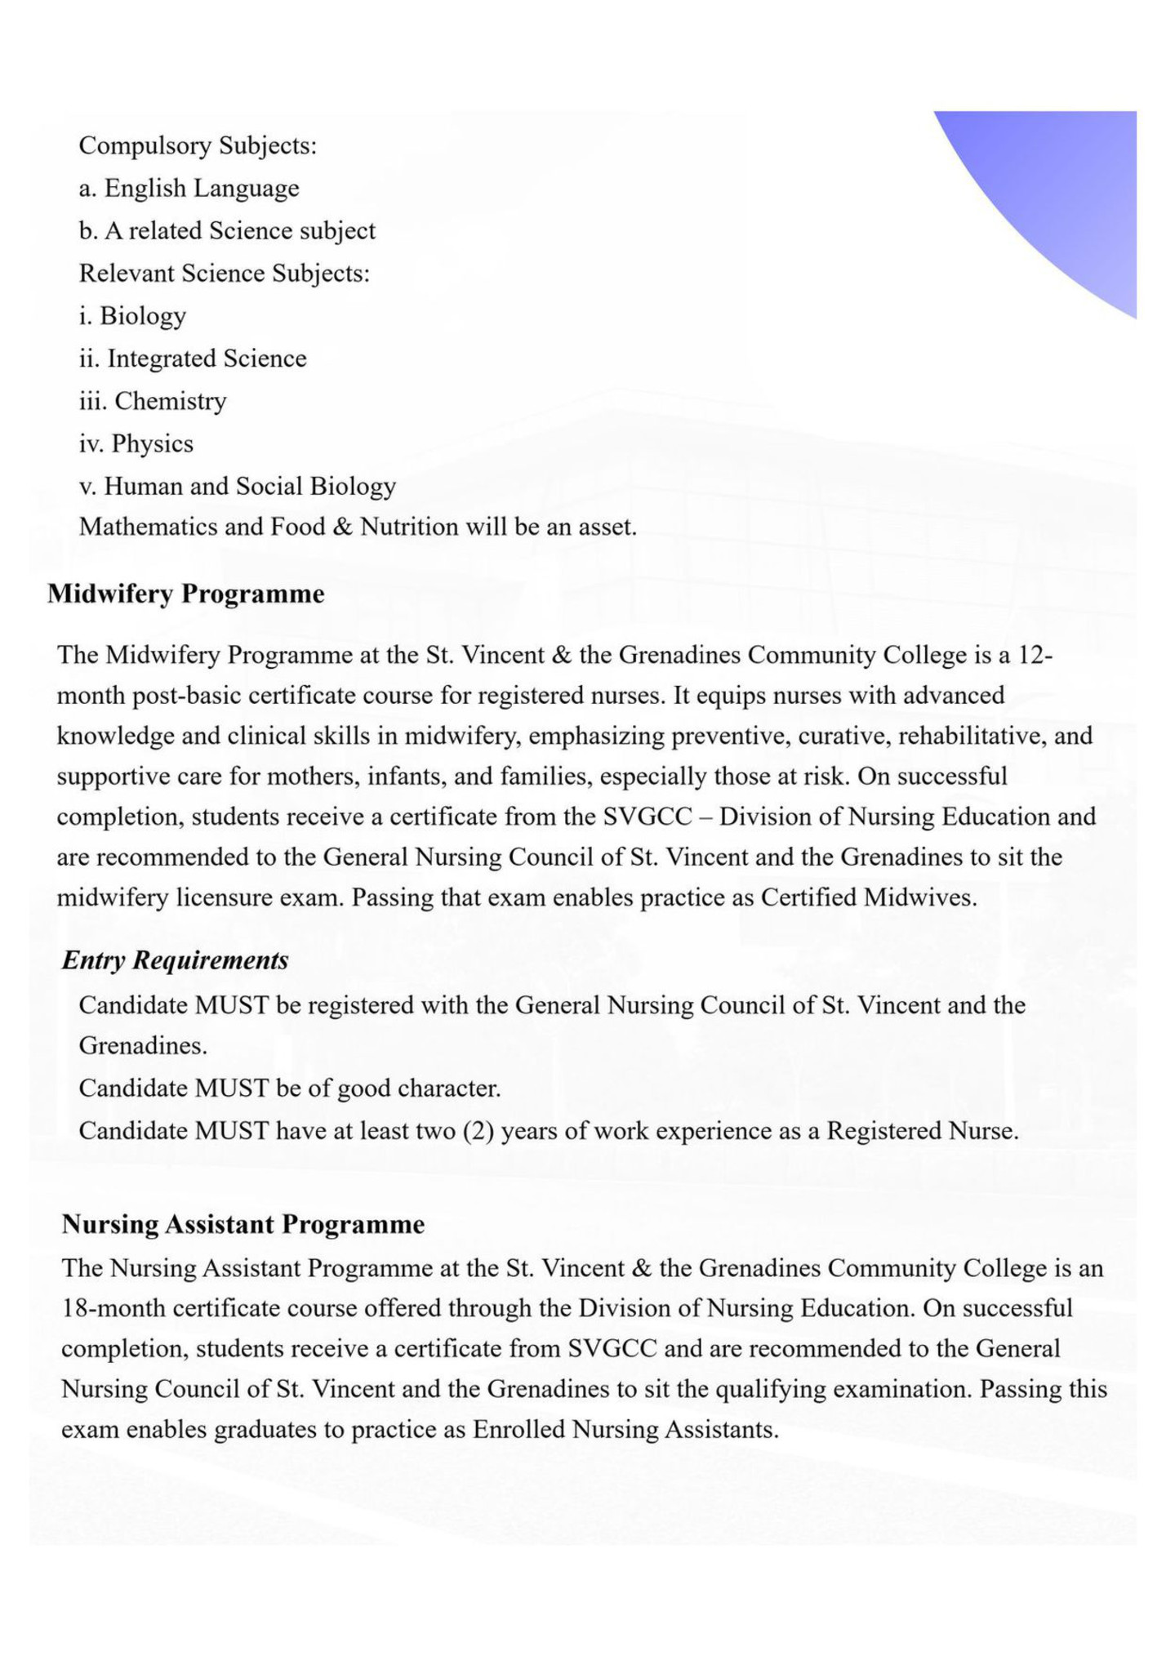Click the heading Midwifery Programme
185,594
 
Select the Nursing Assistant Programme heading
243,1224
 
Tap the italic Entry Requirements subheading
175,960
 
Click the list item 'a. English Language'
189,189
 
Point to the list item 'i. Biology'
132,316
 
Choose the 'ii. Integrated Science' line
193,358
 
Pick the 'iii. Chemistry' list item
153,401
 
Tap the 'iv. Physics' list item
136,443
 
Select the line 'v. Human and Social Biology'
237,486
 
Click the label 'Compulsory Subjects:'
198,146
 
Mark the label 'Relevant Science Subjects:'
224,273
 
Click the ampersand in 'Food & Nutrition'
342,528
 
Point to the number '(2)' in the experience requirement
478,1131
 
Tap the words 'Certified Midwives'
868,897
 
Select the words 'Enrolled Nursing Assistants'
625,1429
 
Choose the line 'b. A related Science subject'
227,231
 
